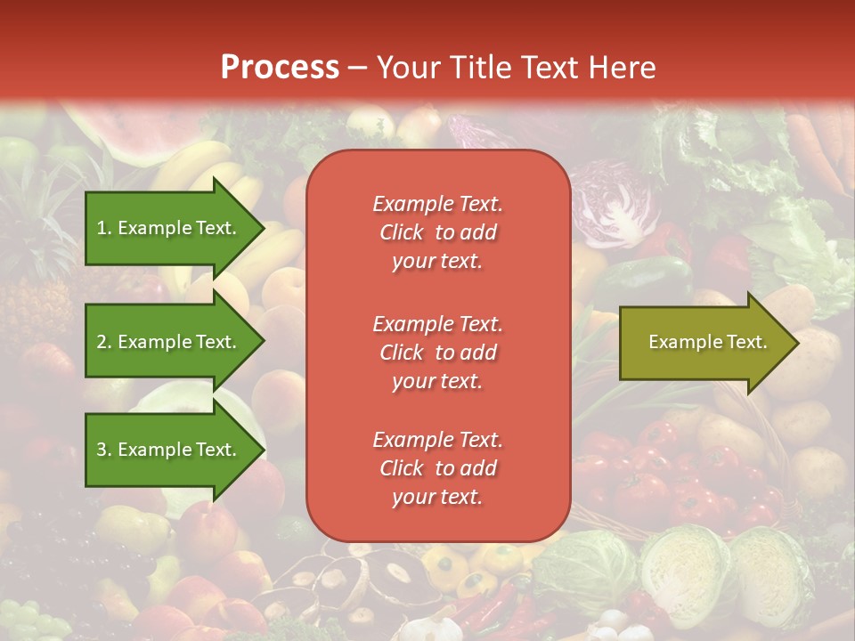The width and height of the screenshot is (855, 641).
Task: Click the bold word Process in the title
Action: pyautogui.click(x=280, y=68)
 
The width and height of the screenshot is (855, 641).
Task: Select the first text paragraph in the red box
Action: pyautogui.click(x=437, y=232)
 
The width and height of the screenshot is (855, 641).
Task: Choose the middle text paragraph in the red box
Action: pyautogui.click(x=437, y=353)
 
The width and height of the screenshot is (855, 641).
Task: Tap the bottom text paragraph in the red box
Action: pyautogui.click(x=437, y=468)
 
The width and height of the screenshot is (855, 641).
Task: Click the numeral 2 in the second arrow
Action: pyautogui.click(x=102, y=342)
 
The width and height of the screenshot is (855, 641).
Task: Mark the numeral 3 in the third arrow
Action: pyautogui.click(x=102, y=450)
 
